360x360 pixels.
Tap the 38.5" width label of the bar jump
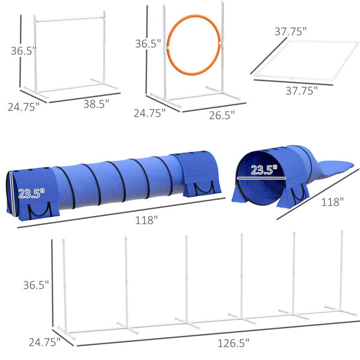tap(96, 104)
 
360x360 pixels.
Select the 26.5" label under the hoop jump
tap(222, 115)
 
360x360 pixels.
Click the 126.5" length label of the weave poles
tap(233, 343)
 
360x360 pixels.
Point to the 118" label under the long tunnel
tap(146, 220)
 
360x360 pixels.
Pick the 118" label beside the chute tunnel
tap(332, 202)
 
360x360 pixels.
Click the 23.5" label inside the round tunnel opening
tap(264, 170)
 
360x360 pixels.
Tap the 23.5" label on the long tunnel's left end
tap(31, 194)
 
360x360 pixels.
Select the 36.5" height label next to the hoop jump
tap(148, 44)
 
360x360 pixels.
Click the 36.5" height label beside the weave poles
tap(36, 285)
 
